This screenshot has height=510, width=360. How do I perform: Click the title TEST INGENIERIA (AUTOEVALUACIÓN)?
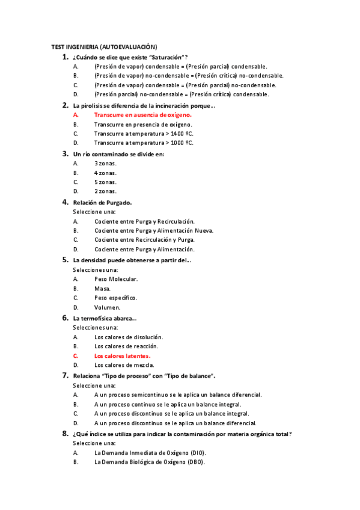(104, 46)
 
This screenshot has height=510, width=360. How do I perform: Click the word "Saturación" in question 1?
(165, 57)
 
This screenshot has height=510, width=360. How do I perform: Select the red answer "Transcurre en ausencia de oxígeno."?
(143, 114)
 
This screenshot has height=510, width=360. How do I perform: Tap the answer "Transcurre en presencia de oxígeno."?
(143, 124)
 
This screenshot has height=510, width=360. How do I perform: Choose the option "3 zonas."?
(105, 163)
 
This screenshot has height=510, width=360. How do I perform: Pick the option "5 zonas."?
(105, 182)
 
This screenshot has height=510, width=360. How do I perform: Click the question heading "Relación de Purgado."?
(102, 202)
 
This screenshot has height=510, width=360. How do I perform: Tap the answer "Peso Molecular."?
(116, 279)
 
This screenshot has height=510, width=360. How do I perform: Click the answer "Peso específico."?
(115, 298)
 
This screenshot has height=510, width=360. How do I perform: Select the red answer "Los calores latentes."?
(122, 355)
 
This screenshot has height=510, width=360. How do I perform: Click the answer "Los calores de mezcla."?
(124, 365)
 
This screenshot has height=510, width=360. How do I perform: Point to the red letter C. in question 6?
(76, 355)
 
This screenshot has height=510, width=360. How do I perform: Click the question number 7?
(65, 375)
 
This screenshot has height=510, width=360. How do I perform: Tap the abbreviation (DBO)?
(195, 462)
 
